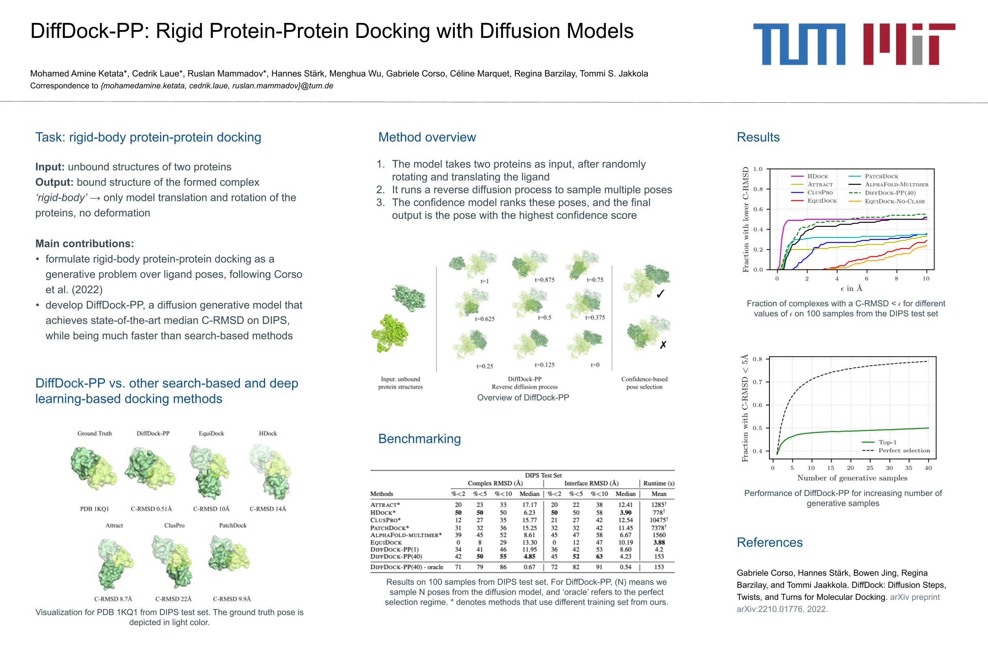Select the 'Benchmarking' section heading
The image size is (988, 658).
pos(419,438)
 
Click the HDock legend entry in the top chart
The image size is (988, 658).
pos(817,176)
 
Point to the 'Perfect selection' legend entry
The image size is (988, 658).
pos(903,450)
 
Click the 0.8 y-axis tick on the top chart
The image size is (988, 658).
pos(758,189)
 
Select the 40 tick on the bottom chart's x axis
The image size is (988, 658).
pos(928,468)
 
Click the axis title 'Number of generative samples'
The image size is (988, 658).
pos(852,478)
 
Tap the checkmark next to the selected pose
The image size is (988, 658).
pos(660,294)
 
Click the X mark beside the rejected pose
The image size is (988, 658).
pos(663,345)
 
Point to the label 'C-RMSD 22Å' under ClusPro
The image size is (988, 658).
pos(173,599)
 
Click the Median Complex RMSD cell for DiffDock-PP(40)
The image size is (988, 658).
pos(529,556)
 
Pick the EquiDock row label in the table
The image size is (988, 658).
pos(385,542)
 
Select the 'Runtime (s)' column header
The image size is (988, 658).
pos(658,483)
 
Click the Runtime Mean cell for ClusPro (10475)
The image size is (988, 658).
pos(658,520)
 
